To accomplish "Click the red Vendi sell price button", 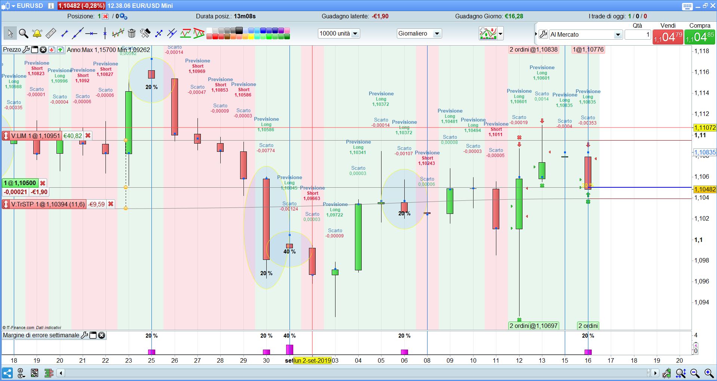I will pyautogui.click(x=668, y=37).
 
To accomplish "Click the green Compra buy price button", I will pyautogui.click(x=699, y=37).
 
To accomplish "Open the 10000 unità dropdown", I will pyautogui.click(x=339, y=34).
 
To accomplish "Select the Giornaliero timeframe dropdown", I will pyautogui.click(x=419, y=34).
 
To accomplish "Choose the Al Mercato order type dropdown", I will pyautogui.click(x=585, y=35).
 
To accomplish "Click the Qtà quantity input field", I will pyautogui.click(x=638, y=35).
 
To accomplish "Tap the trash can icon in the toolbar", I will pyautogui.click(x=132, y=33).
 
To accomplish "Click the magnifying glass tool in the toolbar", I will pyautogui.click(x=24, y=33).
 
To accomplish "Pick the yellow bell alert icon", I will pyautogui.click(x=37, y=33).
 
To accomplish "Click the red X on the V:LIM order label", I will pyautogui.click(x=88, y=136).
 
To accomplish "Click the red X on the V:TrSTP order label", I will pyautogui.click(x=111, y=204).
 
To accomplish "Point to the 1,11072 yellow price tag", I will pyautogui.click(x=705, y=127).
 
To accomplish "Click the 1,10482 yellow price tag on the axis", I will pyautogui.click(x=705, y=190).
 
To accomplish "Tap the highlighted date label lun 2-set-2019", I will pyautogui.click(x=312, y=360).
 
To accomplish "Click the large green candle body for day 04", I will pyautogui.click(x=358, y=237).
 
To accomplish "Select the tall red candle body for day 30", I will pyautogui.click(x=266, y=219).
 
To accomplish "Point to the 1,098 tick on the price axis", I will pyautogui.click(x=701, y=260).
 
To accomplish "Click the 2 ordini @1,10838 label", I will pyautogui.click(x=534, y=50).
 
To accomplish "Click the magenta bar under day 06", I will pyautogui.click(x=404, y=352).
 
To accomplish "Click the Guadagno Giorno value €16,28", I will pyautogui.click(x=514, y=16).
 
